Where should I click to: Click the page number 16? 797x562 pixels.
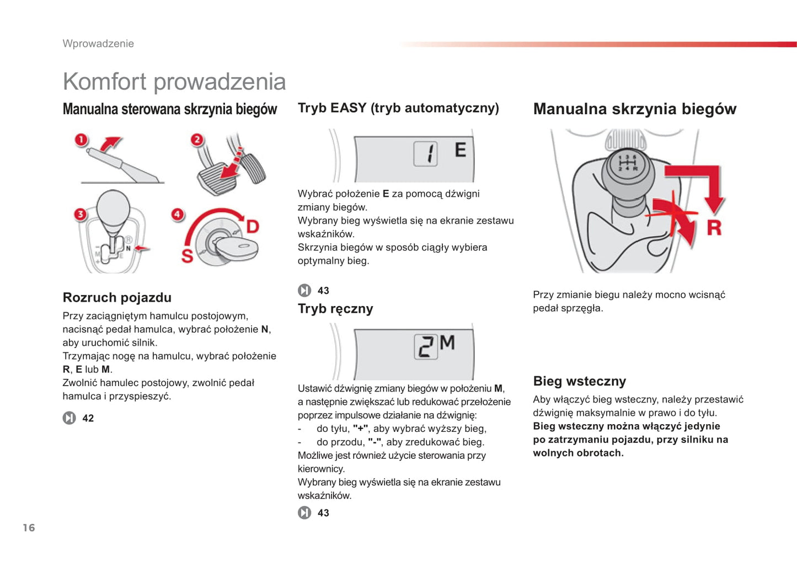(29, 528)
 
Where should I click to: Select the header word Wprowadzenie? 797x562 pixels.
(98, 44)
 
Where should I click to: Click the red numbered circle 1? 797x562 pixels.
(82, 140)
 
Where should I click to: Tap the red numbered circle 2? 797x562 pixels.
(197, 140)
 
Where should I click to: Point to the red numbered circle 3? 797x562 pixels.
(81, 214)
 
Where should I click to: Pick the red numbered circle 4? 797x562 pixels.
(177, 214)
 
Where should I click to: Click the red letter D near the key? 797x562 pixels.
(252, 226)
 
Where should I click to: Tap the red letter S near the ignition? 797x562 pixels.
(188, 256)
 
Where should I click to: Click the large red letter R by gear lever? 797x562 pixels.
(714, 227)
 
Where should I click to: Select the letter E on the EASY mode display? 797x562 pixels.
(460, 149)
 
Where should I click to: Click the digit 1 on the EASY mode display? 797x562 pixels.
(426, 154)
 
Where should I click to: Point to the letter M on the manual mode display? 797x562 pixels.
(447, 343)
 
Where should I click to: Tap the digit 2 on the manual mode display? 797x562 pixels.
(425, 347)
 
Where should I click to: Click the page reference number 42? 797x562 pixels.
(88, 418)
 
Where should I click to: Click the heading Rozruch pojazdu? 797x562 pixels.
(117, 297)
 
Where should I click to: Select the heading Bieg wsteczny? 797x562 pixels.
(579, 381)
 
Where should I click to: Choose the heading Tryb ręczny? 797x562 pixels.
(335, 309)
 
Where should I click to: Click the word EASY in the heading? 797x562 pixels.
(348, 108)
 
